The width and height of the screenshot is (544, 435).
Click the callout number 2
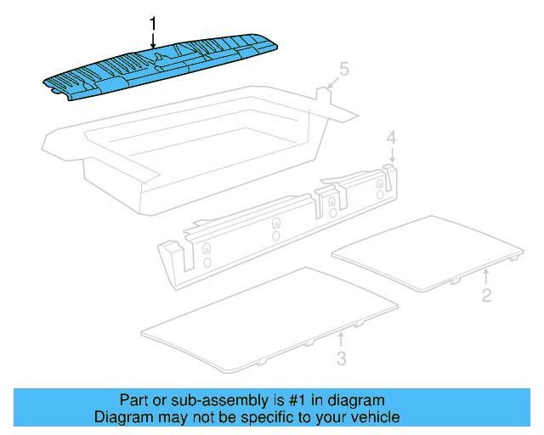[486, 296]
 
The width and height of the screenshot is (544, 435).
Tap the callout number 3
[341, 359]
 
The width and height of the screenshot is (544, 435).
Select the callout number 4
[391, 137]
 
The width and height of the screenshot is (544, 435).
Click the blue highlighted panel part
[161, 66]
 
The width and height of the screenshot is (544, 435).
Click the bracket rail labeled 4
[280, 223]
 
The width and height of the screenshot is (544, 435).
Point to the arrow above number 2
[485, 276]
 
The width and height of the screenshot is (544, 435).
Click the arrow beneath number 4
[392, 155]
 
